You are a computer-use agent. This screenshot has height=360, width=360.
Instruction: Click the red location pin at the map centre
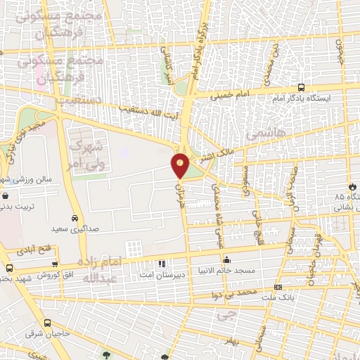180,164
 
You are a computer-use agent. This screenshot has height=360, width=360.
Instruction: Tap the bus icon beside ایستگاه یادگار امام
302,88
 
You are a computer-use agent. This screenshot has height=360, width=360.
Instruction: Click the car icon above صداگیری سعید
75,217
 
